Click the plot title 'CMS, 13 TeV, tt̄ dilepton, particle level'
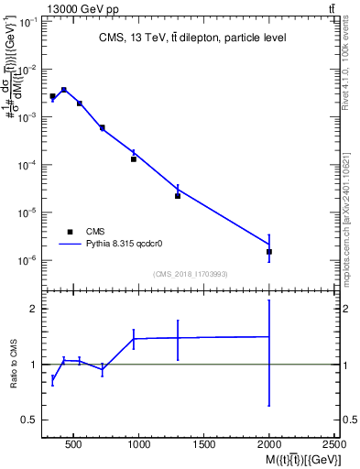pyautogui.click(x=192, y=38)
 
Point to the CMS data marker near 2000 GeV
pyautogui.click(x=269, y=251)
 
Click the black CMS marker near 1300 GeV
pyautogui.click(x=178, y=195)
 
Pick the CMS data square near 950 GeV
pyautogui.click(x=134, y=159)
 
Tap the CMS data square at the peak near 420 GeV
pyautogui.click(x=63, y=90)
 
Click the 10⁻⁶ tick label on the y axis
pyautogui.click(x=26, y=260)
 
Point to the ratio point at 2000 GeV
pyautogui.click(x=269, y=337)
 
